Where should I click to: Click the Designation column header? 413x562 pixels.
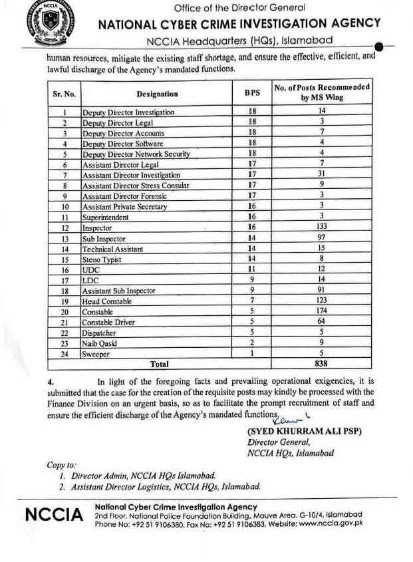click(158, 94)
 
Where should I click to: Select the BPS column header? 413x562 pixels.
click(252, 94)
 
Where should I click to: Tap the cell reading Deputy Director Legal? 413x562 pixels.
click(118, 123)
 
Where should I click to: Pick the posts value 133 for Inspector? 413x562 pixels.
click(321, 227)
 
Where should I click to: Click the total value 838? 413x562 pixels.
click(321, 364)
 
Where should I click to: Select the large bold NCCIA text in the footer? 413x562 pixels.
click(54, 515)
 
